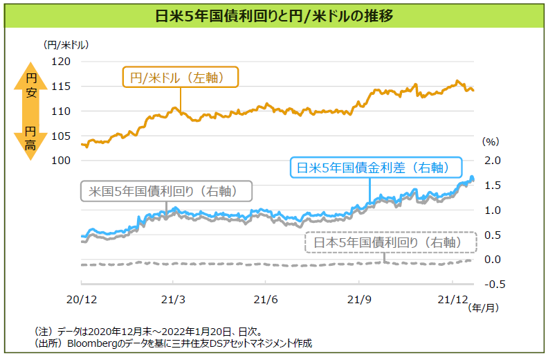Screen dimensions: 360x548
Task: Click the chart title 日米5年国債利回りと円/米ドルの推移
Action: tap(275, 15)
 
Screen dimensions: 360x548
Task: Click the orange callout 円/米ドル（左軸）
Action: tap(180, 78)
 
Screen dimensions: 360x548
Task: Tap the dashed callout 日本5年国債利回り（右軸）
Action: tap(392, 242)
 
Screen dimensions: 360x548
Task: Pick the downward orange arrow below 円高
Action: tap(30, 150)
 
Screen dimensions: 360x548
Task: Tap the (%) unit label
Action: tap(490, 141)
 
